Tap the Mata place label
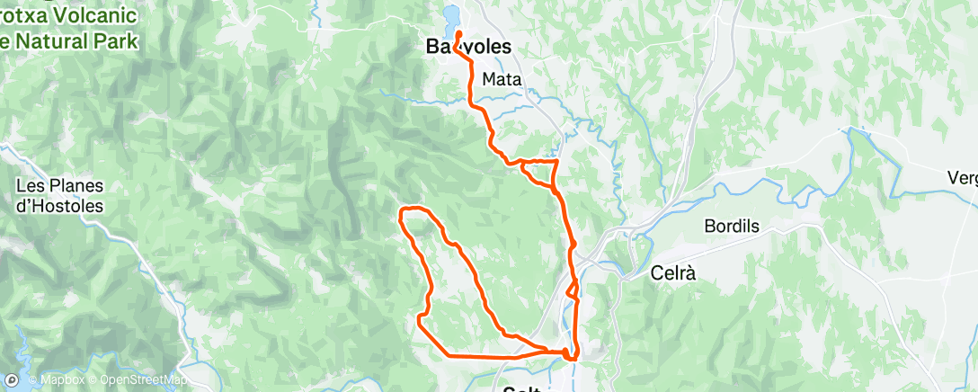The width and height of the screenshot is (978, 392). tap(502, 79)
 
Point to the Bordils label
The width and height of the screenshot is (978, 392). tap(732, 227)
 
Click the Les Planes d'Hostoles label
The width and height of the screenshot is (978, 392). tap(61, 196)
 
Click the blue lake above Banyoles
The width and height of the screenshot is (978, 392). tap(452, 18)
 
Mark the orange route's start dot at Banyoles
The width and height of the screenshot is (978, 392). tap(458, 34)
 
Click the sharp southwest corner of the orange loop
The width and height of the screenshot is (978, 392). tap(420, 317)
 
